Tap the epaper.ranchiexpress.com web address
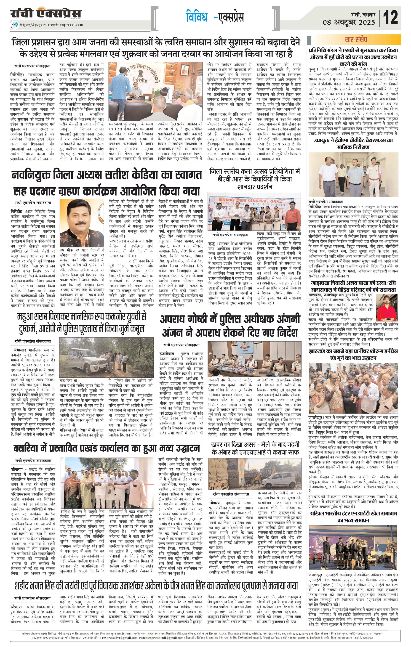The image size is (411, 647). [x=51, y=25]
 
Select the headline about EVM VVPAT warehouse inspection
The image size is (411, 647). [x=353, y=144]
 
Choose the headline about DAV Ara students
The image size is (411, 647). [x=255, y=179]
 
